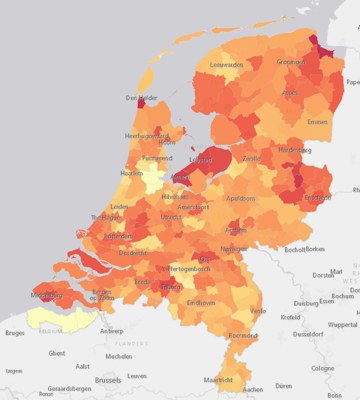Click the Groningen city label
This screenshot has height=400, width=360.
coord(291,62)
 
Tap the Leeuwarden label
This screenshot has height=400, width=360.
coord(226,65)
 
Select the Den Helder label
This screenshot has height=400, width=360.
coord(141,98)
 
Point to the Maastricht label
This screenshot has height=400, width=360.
coord(218,380)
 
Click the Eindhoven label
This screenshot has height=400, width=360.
coord(201,303)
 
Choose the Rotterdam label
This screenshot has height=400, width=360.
coord(118,237)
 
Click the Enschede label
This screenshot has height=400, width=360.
coord(318,198)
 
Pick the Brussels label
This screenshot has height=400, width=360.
coord(108,380)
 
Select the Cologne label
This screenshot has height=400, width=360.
coord(323,368)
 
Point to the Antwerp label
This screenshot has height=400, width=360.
coord(112,331)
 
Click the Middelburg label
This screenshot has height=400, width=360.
coord(47,295)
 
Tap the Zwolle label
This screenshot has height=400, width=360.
coord(252,159)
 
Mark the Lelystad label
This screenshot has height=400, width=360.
coord(200,160)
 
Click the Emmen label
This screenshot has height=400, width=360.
coord(318,122)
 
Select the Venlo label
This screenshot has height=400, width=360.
coord(258,311)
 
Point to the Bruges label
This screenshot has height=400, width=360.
coord(15,333)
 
